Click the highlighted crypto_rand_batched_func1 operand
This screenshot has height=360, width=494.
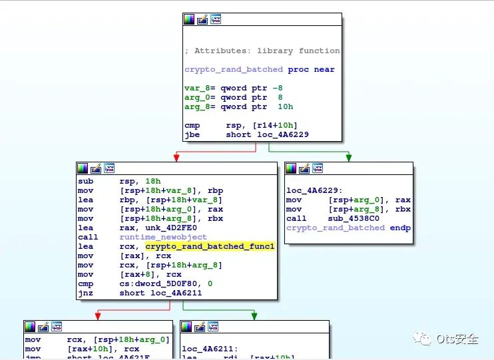coord(210,246)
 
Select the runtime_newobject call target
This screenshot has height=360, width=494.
coord(162,237)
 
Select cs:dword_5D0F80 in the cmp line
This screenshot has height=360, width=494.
coord(159,283)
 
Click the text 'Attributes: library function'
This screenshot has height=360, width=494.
coord(266,51)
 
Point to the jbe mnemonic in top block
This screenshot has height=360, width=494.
coord(192,134)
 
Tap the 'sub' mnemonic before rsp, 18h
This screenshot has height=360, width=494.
coord(85,181)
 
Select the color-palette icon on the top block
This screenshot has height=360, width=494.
coord(189,20)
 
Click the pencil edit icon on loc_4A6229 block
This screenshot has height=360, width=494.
coord(304,169)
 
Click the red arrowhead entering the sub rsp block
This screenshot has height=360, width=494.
coord(176,158)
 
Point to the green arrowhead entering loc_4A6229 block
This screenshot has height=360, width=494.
coord(348,158)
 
